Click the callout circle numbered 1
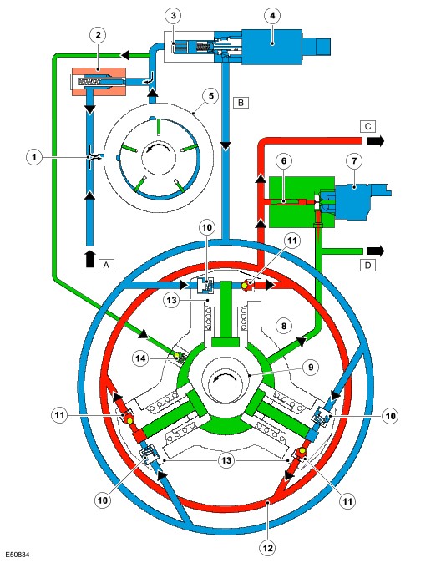point(34,157)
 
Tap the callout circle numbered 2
point(98,35)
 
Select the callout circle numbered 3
point(174,15)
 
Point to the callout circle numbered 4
point(272,15)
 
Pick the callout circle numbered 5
point(210,96)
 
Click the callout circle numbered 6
point(284,161)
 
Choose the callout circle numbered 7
point(354,161)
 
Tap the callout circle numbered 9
point(311,367)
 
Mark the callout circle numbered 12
point(268,548)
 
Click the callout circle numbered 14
point(140,358)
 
